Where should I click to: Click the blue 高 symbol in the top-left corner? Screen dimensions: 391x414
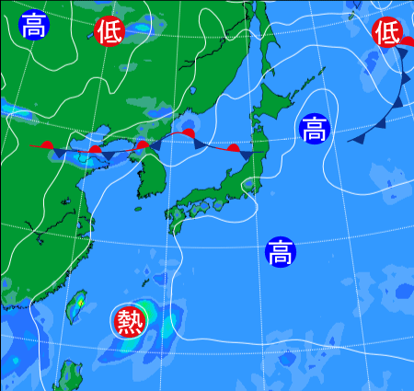coord(34,25)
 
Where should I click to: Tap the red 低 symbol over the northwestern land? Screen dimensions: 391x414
coord(109,31)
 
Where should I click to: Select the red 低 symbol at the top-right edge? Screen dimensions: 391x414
coord(387,33)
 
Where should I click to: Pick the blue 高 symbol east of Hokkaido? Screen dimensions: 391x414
coord(313,128)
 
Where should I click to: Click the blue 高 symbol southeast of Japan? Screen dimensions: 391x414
coord(281,251)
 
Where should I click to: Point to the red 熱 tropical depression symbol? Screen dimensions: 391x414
coord(130,321)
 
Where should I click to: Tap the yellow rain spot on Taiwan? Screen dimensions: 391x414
coord(81,302)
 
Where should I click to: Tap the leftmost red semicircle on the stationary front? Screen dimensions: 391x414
coord(47,144)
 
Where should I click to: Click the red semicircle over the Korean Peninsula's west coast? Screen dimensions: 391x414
coord(142,144)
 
